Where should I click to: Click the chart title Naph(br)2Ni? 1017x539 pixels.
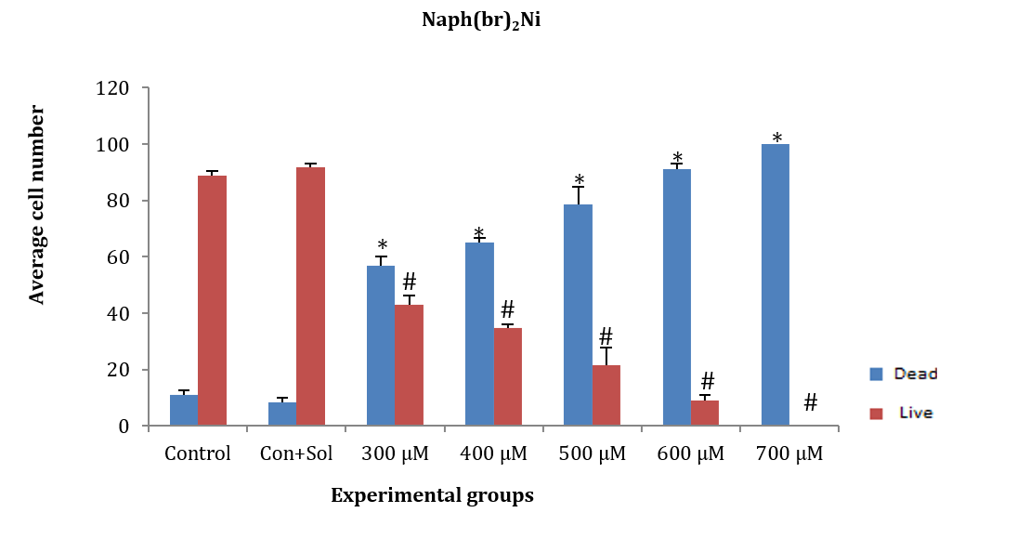481,20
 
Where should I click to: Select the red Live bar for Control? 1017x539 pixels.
213,300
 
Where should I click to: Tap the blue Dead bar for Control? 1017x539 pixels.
184,410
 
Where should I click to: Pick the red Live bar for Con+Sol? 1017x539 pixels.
311,296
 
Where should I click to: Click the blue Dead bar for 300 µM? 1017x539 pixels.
381,346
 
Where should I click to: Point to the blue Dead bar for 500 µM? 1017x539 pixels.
578,315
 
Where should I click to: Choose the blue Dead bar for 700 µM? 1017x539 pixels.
775,284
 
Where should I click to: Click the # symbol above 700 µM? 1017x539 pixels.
810,402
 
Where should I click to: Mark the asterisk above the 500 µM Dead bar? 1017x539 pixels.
579,181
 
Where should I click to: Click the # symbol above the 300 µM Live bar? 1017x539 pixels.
410,282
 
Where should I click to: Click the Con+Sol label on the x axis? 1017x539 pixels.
295,454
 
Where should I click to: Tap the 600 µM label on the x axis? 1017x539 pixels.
691,454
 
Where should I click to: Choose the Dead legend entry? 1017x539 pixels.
915,374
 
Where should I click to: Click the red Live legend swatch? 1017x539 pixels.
875,413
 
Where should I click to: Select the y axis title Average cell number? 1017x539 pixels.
37,204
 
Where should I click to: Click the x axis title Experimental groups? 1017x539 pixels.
432,495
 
